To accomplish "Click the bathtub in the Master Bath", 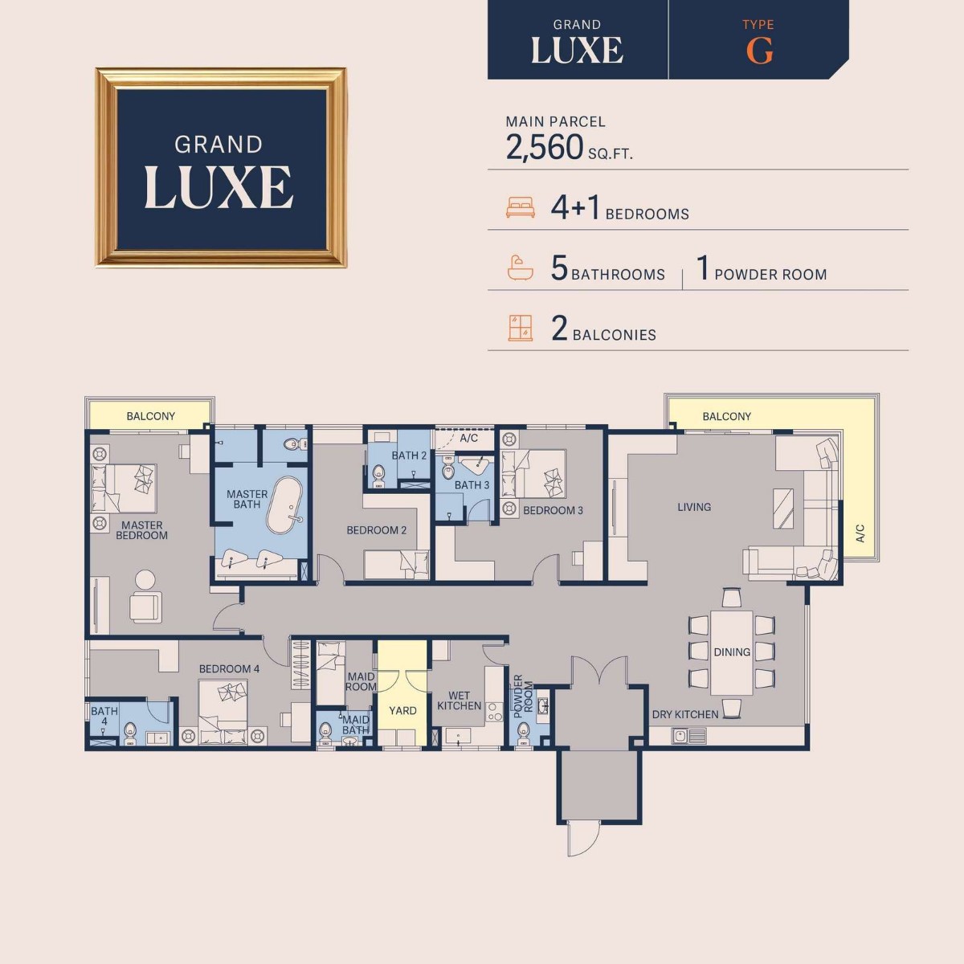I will tap(284, 506).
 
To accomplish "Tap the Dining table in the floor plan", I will tap(732, 652).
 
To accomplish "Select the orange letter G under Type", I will tap(759, 51).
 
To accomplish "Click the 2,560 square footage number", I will tap(545, 148).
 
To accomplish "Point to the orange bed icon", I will tap(521, 208).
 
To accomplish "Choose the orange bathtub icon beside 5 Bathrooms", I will tap(521, 268).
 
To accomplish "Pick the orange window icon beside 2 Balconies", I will tap(521, 329).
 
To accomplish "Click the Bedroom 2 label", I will tap(376, 530).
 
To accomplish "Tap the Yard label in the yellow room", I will tap(402, 711).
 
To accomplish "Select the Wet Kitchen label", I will tap(459, 701).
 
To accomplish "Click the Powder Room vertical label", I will tap(523, 696).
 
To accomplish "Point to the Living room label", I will tap(694, 507).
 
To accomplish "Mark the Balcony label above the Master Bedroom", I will tap(150, 416).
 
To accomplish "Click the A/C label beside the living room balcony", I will tap(860, 533).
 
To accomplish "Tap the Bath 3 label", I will tap(472, 485).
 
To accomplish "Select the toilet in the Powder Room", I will tap(524, 730).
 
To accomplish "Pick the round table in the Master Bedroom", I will tap(145, 579).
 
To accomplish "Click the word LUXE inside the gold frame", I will tap(219, 188).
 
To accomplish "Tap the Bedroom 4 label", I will tap(229, 668).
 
